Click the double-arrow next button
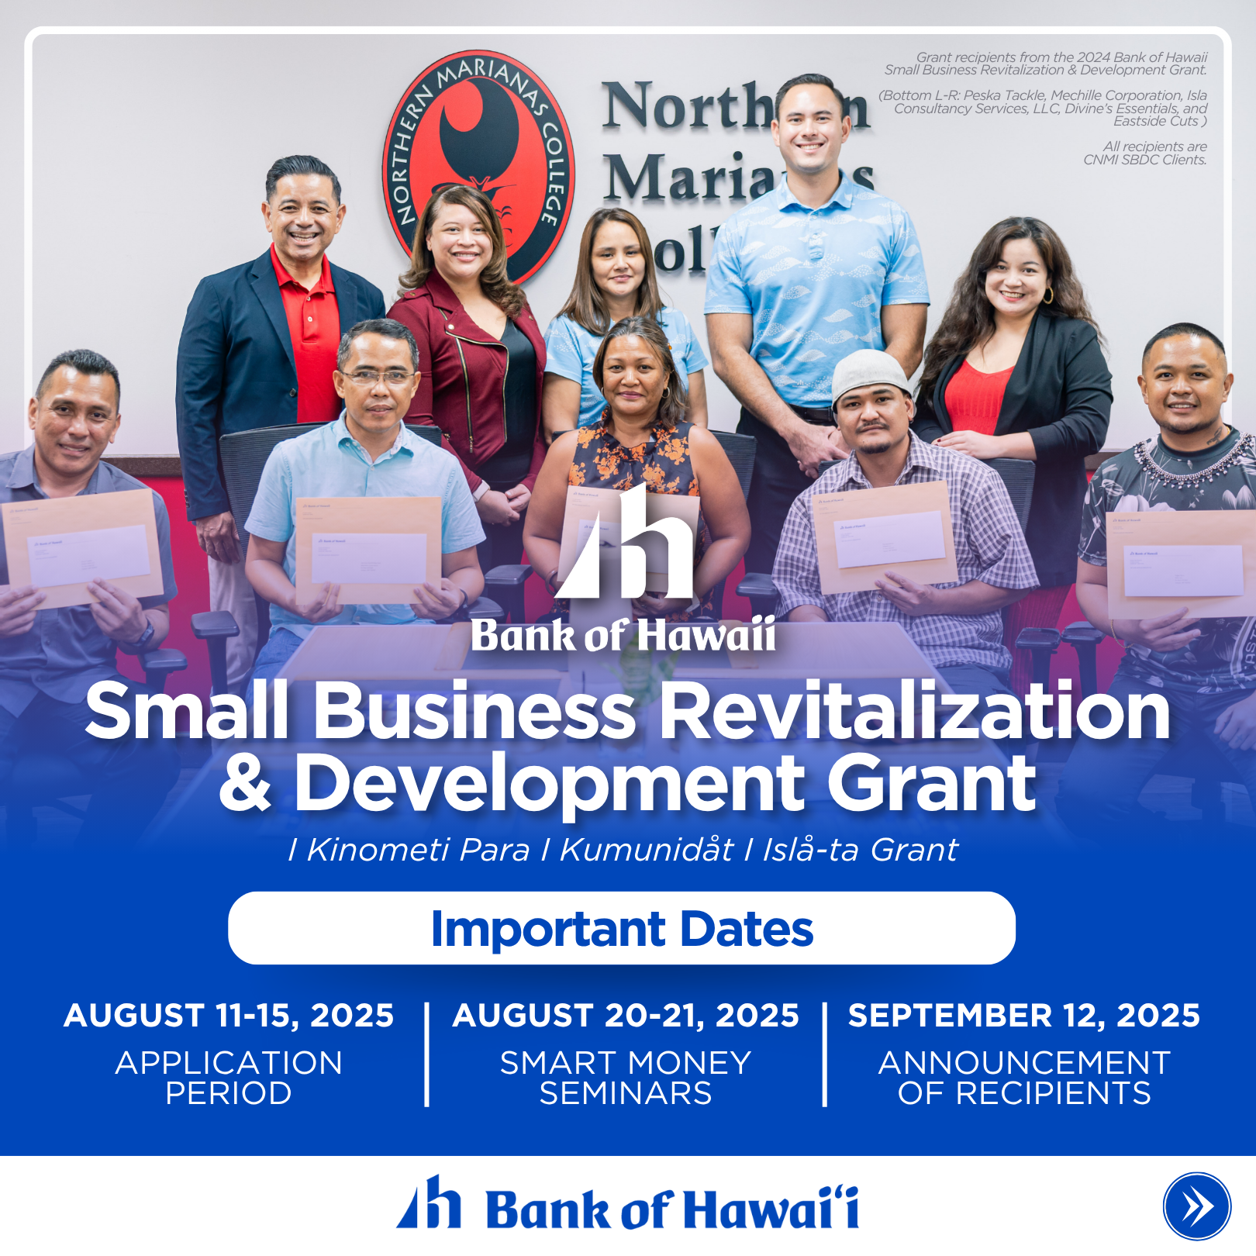(x=1196, y=1206)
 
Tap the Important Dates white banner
(x=622, y=928)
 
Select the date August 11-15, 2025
(x=229, y=1016)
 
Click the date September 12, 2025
(x=1023, y=1016)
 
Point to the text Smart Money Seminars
(x=626, y=1078)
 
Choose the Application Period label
(x=229, y=1078)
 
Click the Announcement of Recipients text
(x=1024, y=1078)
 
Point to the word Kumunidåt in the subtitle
(x=647, y=850)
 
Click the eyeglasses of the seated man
(x=378, y=378)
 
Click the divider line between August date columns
(x=426, y=1054)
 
